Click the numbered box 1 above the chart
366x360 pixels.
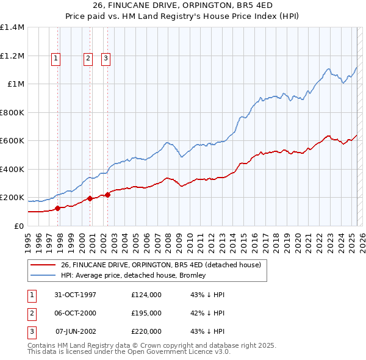56,59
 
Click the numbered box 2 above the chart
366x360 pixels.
88,59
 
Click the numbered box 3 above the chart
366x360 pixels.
106,59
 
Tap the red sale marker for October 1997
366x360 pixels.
58,208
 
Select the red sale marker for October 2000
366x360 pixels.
90,198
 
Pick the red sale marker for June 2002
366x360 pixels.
107,195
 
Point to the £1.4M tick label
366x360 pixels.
12,27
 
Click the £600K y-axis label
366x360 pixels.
12,141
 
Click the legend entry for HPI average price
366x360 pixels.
134,275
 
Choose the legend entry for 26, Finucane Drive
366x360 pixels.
161,265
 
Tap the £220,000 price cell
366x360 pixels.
146,331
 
